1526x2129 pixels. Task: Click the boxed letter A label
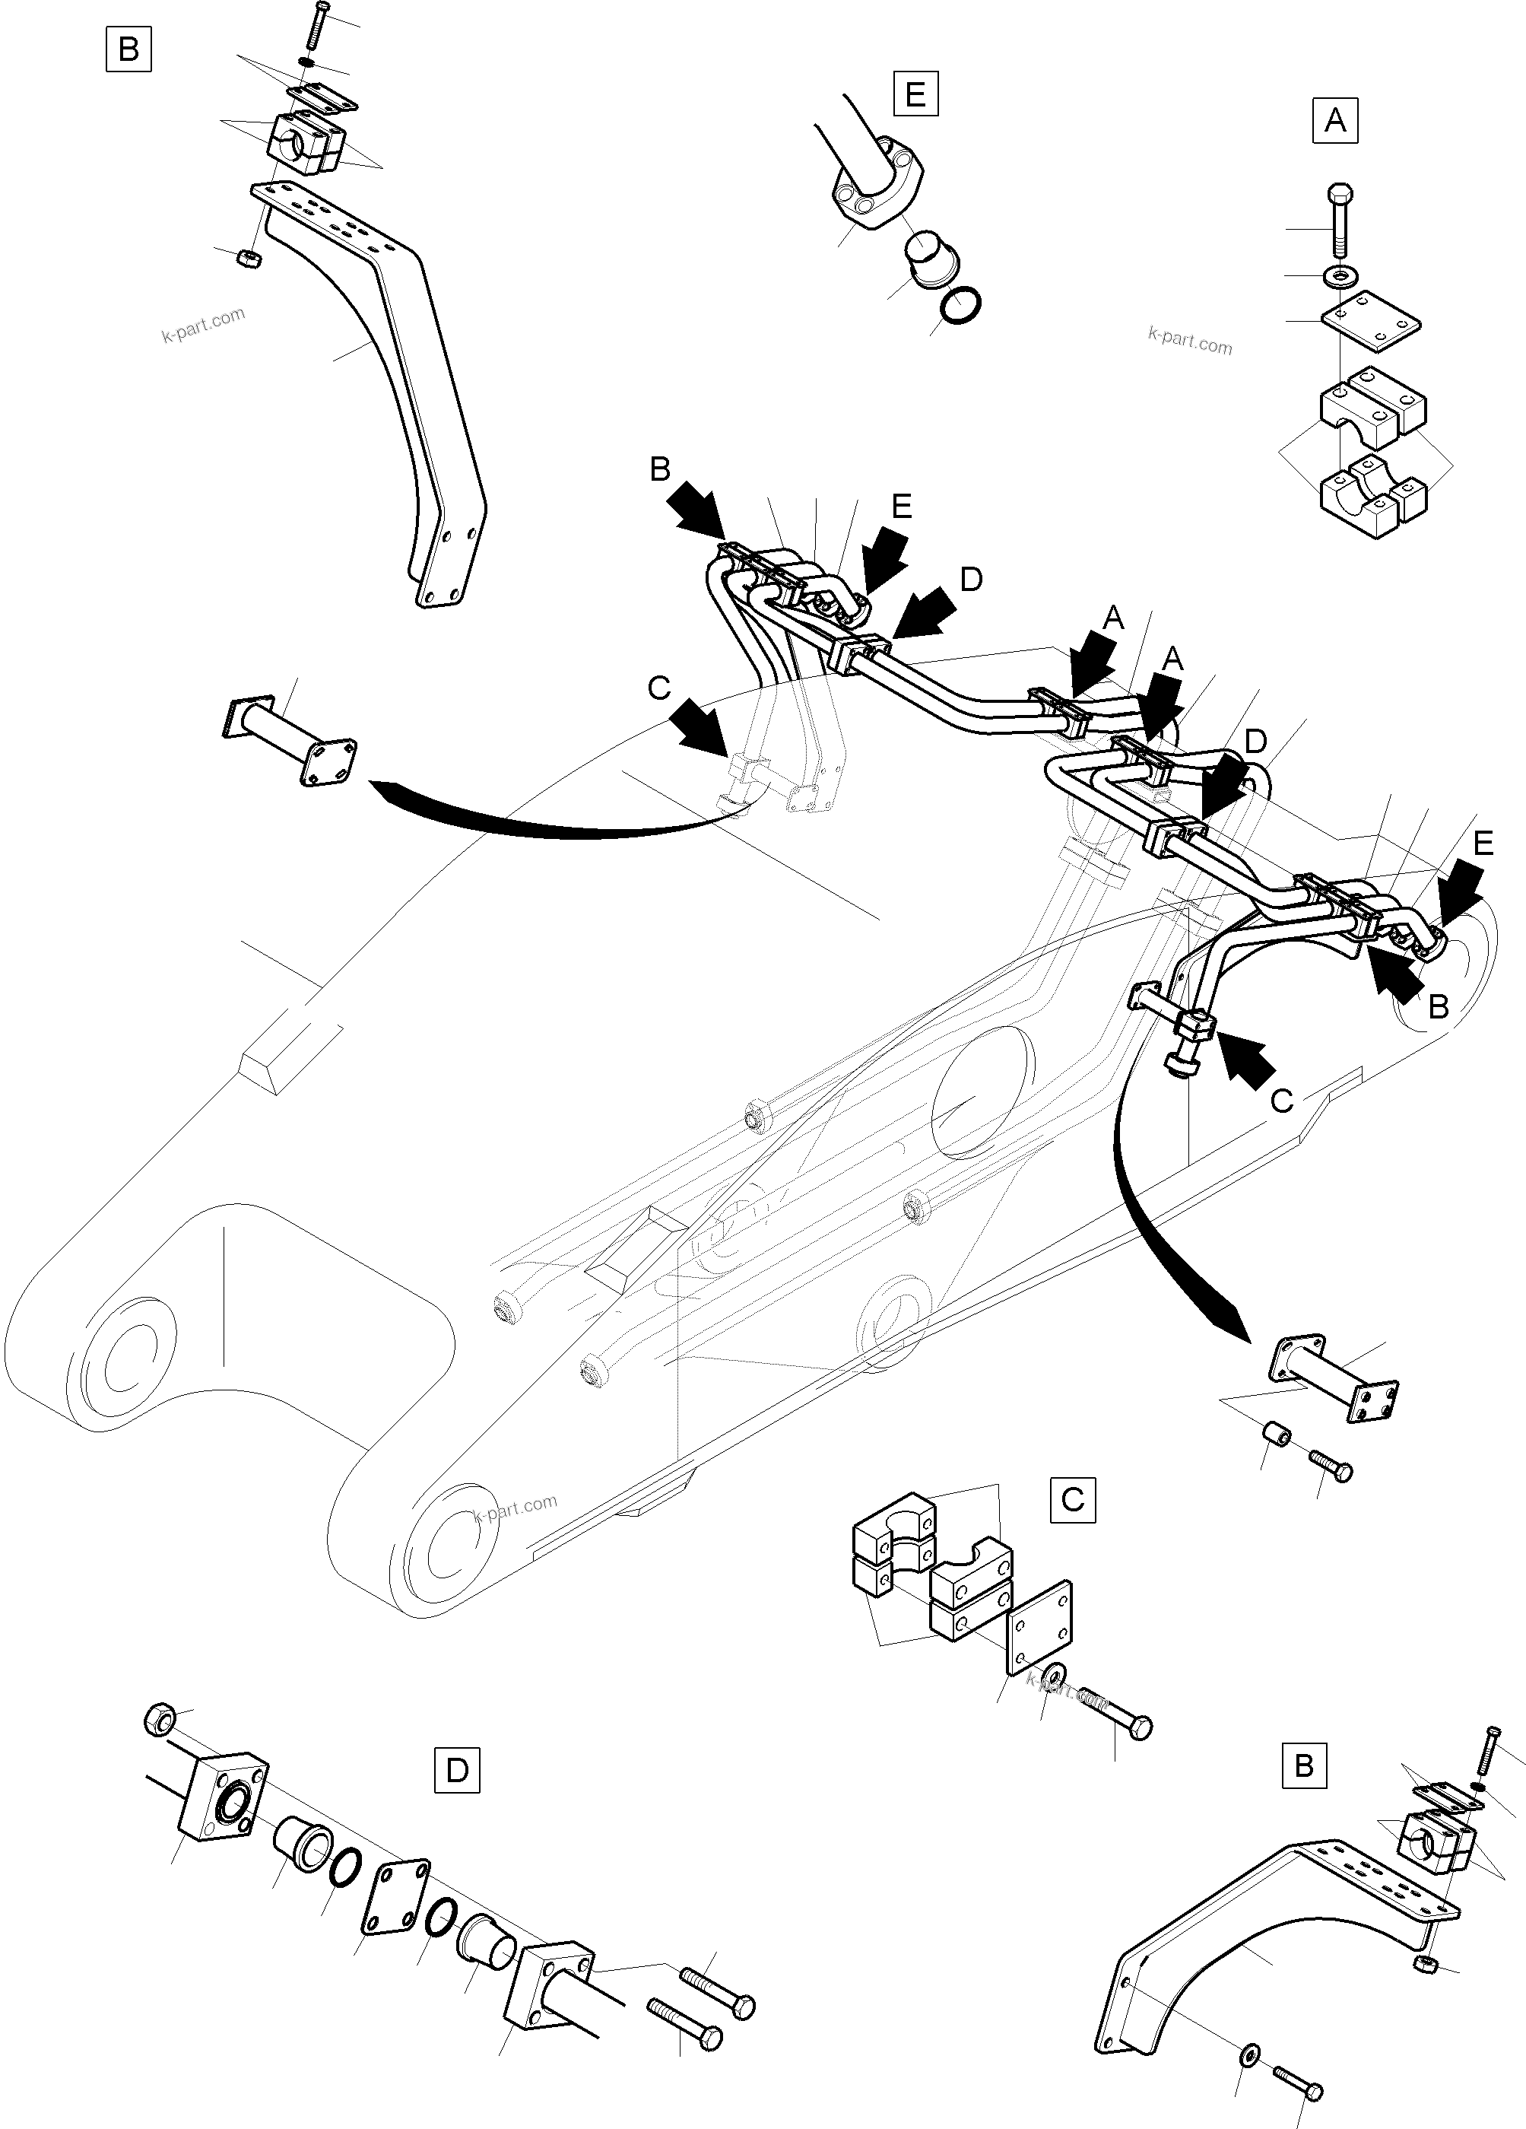tap(1334, 120)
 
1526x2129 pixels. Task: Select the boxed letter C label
tap(1072, 1499)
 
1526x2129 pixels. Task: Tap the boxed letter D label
tap(457, 1772)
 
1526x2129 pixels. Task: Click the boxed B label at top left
tap(128, 49)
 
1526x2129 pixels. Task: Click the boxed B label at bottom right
tap(1303, 1765)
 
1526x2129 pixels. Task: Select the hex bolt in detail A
tap(1338, 221)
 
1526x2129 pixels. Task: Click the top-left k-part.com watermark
tap(203, 325)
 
